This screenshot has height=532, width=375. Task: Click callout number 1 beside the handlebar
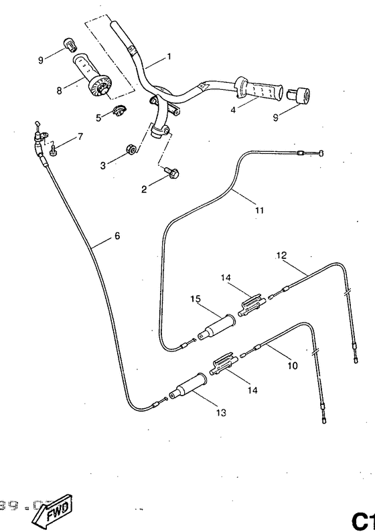coord(168,56)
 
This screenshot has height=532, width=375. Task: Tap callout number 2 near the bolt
coord(143,189)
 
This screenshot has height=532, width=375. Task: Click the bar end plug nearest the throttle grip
coord(67,45)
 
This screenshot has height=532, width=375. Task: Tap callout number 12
coord(281,255)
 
